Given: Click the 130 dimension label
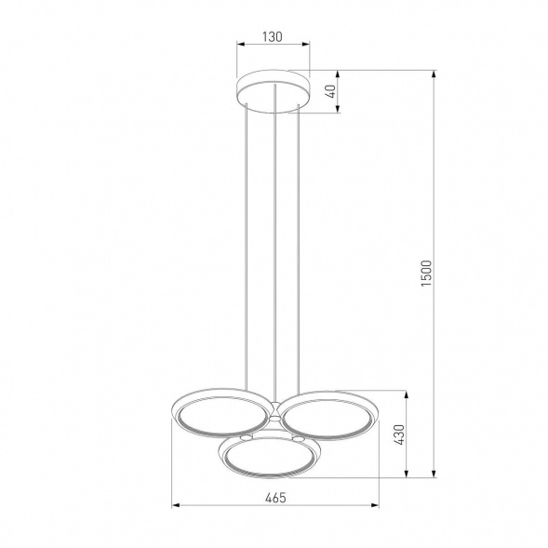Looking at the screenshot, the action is (272, 36).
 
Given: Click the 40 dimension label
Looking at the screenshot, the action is (331, 91).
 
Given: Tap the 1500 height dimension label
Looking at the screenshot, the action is (427, 274).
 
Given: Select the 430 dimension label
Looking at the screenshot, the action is (399, 434).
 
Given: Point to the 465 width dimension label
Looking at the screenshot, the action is (275, 498).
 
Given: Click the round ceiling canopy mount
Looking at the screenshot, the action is (273, 91).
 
